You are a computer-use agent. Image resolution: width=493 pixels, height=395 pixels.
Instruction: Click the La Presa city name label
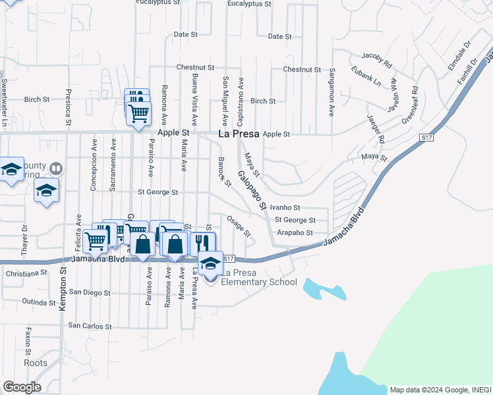coord(239,135)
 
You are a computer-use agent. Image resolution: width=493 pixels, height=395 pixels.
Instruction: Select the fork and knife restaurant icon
coord(203,243)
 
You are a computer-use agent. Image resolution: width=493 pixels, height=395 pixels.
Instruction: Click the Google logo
coord(22,387)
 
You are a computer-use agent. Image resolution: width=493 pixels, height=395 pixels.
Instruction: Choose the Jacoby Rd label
coord(376,61)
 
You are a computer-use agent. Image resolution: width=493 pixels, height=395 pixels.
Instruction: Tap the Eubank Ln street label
coord(366,76)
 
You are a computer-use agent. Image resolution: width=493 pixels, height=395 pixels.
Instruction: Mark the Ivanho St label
coord(285,207)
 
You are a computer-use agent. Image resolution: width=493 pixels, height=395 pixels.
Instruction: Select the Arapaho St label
coord(294,232)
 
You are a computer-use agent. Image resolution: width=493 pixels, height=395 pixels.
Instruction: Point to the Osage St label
coord(239,225)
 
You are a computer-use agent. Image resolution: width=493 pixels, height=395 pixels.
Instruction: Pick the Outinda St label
coord(38,302)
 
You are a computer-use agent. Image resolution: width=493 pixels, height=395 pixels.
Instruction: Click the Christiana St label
coord(27,273)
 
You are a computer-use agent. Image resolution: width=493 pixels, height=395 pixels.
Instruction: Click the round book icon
coord(55,169)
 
